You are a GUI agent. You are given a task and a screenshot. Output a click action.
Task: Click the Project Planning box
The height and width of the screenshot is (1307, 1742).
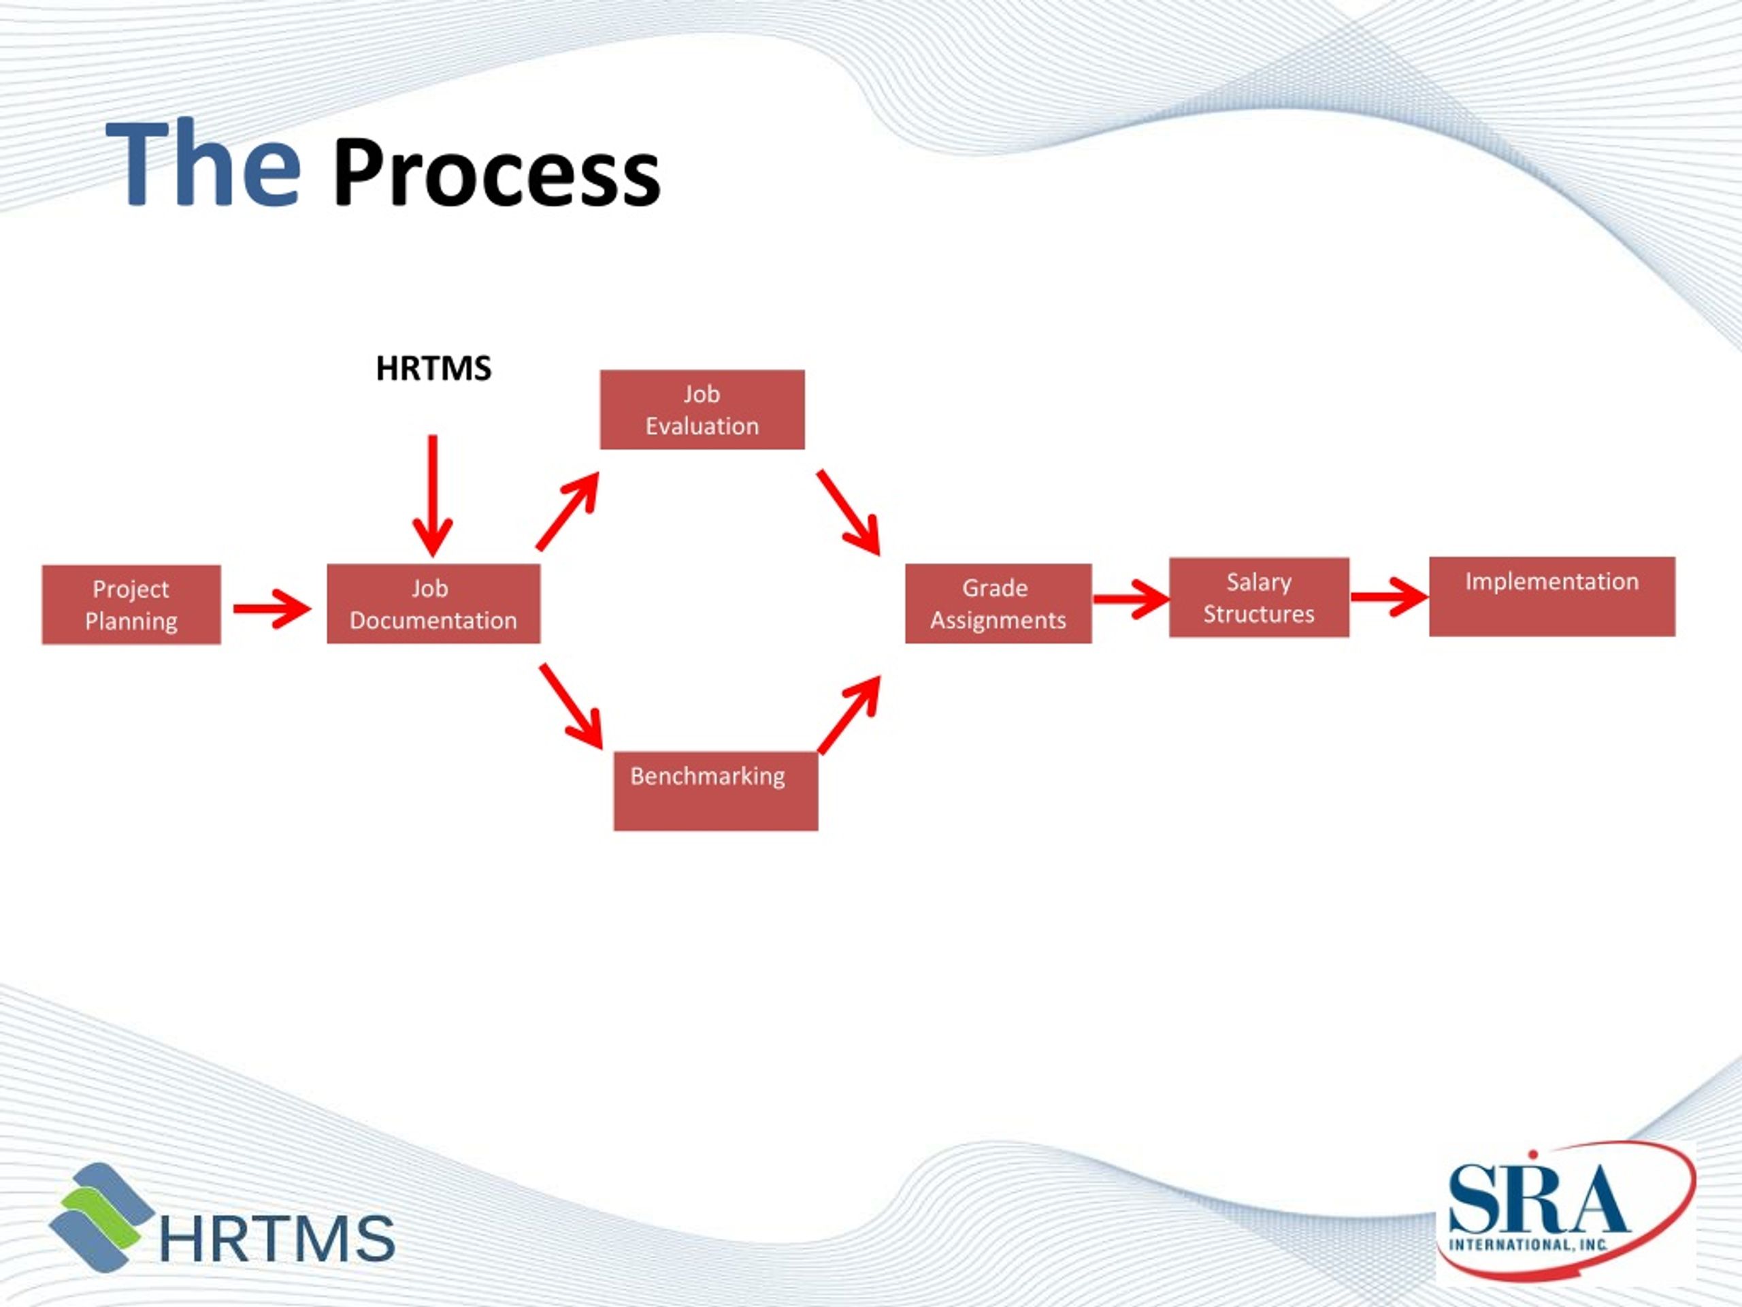tap(131, 604)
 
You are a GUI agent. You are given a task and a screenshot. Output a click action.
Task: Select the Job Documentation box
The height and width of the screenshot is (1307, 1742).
tap(433, 604)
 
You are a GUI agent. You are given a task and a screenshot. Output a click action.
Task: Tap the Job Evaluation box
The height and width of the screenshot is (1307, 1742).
tap(702, 410)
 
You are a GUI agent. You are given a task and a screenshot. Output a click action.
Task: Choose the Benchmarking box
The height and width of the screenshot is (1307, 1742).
tap(716, 791)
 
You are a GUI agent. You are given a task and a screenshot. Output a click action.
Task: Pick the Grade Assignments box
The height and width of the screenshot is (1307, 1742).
tap(998, 604)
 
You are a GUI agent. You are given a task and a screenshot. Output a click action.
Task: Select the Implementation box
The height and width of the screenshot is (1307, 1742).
tap(1552, 596)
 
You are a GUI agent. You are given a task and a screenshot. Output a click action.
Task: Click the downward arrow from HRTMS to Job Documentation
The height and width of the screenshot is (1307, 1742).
tap(432, 496)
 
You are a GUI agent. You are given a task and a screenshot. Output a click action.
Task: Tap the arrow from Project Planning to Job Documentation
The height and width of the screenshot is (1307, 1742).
tap(272, 608)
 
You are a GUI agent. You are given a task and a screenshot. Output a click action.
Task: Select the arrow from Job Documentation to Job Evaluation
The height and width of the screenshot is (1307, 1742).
tap(568, 510)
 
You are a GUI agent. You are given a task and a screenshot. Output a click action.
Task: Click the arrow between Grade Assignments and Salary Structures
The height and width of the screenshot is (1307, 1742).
tap(1132, 599)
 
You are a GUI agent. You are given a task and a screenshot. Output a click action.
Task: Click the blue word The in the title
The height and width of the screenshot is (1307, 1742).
tap(203, 165)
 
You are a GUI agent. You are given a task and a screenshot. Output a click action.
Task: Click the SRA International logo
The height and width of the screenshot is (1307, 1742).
tap(1566, 1213)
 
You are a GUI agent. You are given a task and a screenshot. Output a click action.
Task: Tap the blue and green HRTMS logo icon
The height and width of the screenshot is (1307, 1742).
tap(102, 1216)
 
